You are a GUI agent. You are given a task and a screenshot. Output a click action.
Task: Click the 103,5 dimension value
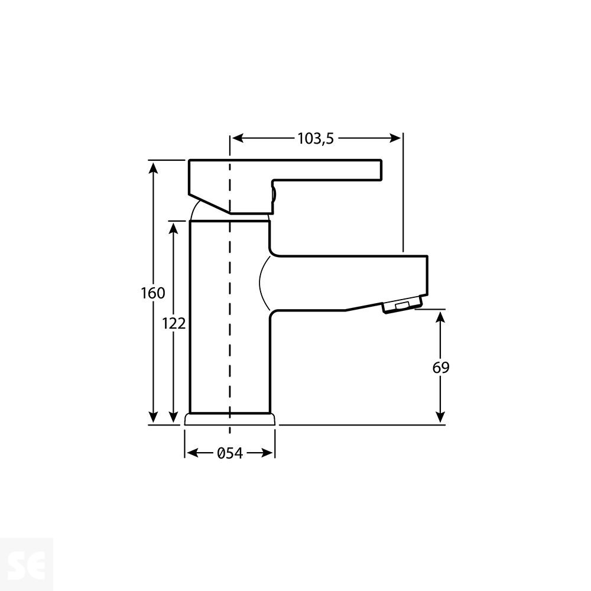[x=316, y=138]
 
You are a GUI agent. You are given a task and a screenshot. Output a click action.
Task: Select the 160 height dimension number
[x=152, y=293]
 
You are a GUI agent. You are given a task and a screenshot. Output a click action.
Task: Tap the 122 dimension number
[x=174, y=323]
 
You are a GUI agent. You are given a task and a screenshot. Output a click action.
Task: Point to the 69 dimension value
[x=441, y=367]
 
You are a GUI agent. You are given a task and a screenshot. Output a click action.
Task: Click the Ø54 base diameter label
[x=230, y=453]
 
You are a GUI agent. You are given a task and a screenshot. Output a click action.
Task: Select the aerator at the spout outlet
[x=401, y=306]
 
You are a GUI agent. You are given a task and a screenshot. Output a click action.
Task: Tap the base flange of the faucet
[x=230, y=418]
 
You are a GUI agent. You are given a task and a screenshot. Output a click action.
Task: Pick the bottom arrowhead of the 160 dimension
[x=153, y=417]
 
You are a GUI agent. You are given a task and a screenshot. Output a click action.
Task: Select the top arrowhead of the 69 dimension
[x=441, y=318]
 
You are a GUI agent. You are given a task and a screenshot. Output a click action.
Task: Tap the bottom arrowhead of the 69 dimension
[x=441, y=417]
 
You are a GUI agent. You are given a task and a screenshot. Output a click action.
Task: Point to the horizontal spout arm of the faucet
[x=349, y=282]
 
